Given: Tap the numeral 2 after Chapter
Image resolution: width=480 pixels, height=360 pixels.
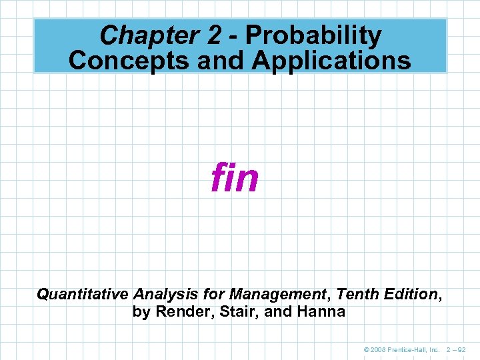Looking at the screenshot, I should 193,35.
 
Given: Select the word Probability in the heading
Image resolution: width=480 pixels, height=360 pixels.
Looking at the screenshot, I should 313,35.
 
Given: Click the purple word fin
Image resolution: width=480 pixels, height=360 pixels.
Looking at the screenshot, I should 235,178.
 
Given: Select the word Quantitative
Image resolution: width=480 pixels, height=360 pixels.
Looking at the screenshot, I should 83,293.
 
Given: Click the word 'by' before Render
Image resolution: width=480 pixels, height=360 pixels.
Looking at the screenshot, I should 141,311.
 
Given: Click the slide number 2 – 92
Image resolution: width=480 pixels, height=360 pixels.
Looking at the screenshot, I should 457,349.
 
